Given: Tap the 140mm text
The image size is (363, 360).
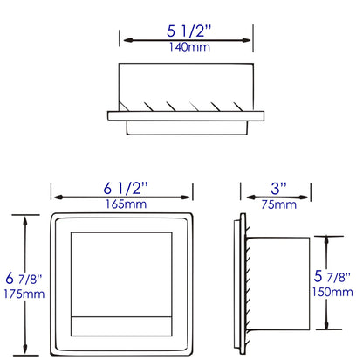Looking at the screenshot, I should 186,47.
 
